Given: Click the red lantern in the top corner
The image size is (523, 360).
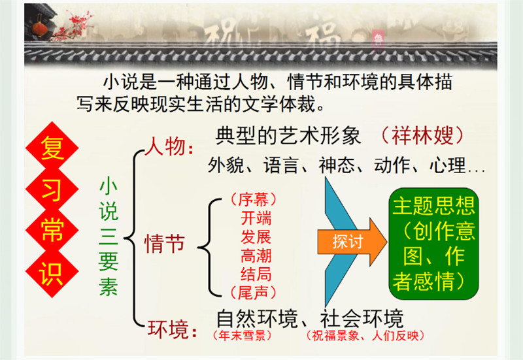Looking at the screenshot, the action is click(x=40, y=29).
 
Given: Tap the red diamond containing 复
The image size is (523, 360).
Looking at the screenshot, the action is click(x=52, y=147).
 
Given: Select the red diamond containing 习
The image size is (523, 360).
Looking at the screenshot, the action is click(x=52, y=189).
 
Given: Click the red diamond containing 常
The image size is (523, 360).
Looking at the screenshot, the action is click(x=52, y=230).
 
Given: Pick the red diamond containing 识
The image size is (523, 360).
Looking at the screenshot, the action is click(x=52, y=272).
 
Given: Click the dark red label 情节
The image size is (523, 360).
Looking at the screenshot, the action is click(x=165, y=244).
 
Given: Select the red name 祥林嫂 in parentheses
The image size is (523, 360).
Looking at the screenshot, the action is click(x=422, y=135).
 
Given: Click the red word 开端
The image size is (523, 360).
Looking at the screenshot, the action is click(x=256, y=218).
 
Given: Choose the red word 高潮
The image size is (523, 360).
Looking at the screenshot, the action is click(x=256, y=255).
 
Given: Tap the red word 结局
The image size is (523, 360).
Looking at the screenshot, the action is click(x=256, y=274).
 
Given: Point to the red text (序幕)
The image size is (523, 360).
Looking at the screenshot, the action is click(x=254, y=200).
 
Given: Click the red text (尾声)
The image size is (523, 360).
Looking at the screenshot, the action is click(x=254, y=293).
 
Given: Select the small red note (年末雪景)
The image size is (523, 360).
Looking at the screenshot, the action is click(x=243, y=335).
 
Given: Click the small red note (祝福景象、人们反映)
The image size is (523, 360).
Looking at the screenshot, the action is click(x=365, y=335).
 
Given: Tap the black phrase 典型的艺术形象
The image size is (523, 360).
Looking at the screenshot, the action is click(x=288, y=136).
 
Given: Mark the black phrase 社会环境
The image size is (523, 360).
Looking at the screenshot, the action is click(x=362, y=319).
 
